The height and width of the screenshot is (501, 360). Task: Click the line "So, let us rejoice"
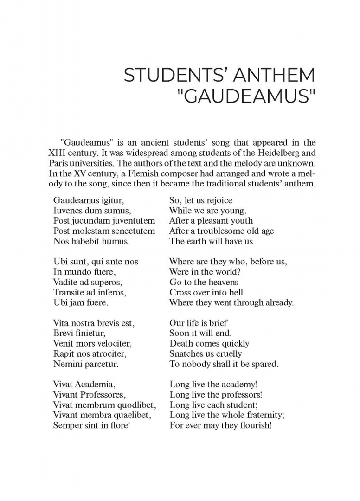click(201, 200)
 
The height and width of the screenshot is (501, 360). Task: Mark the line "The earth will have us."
click(212, 241)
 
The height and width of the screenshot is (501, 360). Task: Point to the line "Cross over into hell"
click(206, 292)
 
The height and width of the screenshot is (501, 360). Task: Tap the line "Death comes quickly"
click(209, 343)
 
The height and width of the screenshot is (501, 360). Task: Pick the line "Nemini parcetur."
click(86, 364)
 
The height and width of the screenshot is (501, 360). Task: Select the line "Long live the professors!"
click(216, 395)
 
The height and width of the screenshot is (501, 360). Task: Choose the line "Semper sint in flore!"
click(91, 425)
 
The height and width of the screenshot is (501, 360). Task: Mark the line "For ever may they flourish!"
click(220, 425)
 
